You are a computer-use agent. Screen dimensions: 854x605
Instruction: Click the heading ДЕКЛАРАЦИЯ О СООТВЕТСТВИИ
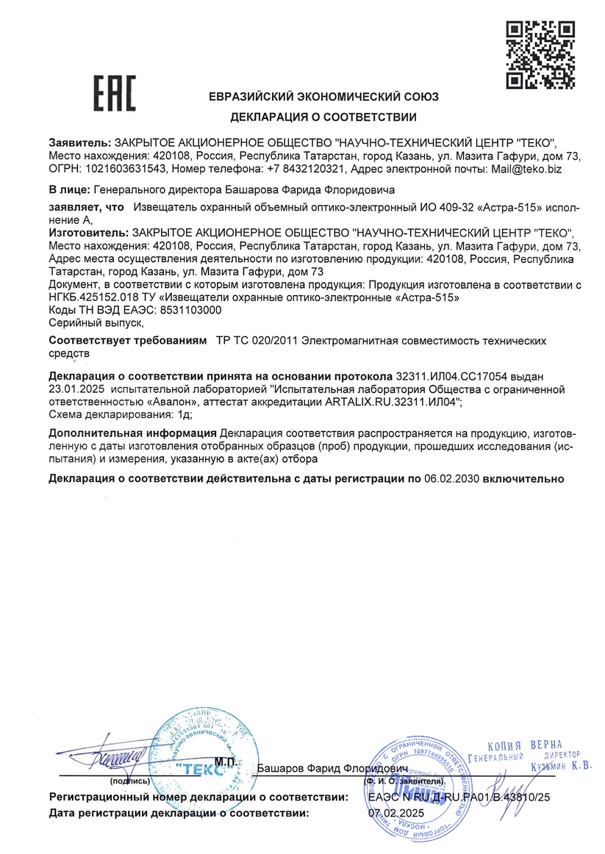click(x=323, y=117)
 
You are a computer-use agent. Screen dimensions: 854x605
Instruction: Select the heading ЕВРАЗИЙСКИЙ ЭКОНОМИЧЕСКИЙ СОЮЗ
click(x=323, y=97)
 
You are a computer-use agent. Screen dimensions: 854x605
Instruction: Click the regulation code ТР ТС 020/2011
click(x=258, y=341)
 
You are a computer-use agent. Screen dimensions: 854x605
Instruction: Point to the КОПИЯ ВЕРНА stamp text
click(x=525, y=745)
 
